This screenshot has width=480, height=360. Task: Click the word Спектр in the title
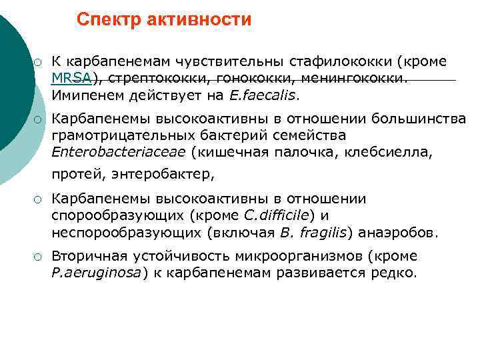point(106,21)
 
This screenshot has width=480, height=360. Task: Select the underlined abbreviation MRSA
point(72,78)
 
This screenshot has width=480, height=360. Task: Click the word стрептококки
point(147,78)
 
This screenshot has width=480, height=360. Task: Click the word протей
point(73,175)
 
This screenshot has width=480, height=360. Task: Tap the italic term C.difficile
point(276,216)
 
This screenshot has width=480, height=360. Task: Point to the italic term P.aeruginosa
point(95,273)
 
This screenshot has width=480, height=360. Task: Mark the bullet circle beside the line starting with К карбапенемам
point(39,63)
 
